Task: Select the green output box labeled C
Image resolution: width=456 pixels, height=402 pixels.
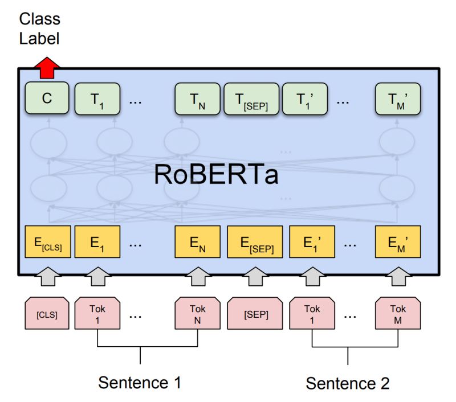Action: pos(47,99)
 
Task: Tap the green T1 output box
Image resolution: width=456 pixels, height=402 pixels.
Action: pos(97,99)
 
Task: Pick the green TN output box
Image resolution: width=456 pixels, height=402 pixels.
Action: pos(197,99)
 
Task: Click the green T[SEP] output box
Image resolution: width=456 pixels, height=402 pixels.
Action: pos(251,99)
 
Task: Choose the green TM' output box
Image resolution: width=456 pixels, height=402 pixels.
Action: pos(398,99)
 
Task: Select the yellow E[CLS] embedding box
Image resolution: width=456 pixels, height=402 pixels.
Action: pos(47,242)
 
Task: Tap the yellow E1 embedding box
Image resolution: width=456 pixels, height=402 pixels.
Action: pos(97,242)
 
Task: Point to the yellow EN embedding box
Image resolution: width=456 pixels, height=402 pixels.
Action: pos(197,242)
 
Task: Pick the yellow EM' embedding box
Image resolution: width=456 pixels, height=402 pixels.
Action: pos(398,242)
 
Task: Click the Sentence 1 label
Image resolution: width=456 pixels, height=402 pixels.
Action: pos(140,382)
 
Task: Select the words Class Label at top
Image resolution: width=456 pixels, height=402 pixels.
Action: pos(39,28)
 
